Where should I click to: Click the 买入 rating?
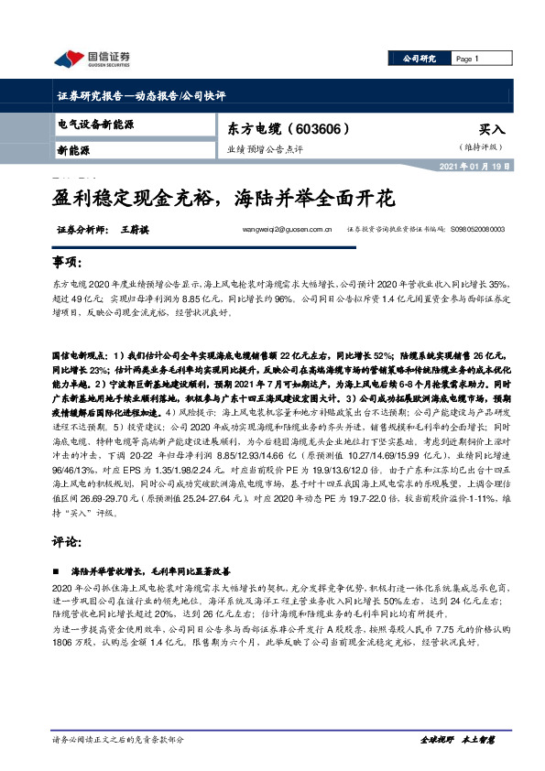pyautogui.click(x=491, y=131)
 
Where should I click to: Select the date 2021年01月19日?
pyautogui.click(x=495, y=167)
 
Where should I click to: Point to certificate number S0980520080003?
pyautogui.click(x=491, y=232)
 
